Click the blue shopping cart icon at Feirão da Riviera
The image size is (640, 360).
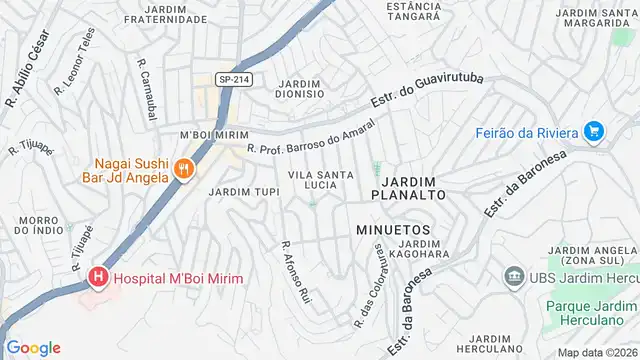pos(594,131)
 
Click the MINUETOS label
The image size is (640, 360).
pos(392,230)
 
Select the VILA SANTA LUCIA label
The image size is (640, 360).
pos(319,180)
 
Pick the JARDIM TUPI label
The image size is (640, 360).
pos(236,191)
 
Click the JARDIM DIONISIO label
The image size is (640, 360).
pos(299,88)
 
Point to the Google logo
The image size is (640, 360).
pos(33,347)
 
